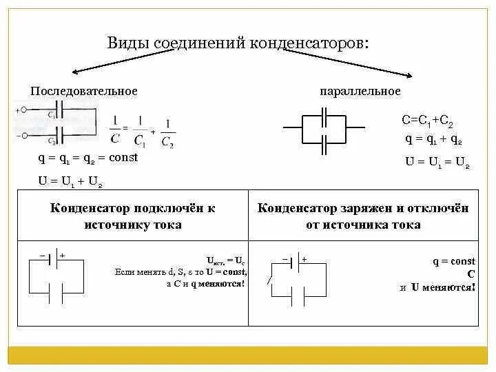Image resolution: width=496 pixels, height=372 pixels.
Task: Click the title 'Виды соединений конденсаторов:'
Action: (238, 43)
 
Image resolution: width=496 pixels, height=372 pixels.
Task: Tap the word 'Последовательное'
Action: (84, 91)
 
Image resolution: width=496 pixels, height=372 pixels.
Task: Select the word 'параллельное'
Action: (360, 91)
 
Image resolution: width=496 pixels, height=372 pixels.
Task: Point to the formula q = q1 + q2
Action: (433, 140)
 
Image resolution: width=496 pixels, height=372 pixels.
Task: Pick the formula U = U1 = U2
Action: (437, 164)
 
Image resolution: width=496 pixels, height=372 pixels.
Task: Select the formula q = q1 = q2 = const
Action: (88, 158)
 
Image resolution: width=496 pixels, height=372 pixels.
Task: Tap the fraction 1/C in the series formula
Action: (114, 129)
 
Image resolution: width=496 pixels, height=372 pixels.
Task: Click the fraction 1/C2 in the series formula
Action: (167, 134)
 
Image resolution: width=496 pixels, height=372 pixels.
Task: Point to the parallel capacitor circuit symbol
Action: (324, 127)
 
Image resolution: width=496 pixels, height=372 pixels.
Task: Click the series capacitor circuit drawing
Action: (56, 121)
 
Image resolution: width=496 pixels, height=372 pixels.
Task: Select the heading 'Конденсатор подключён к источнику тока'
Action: (133, 216)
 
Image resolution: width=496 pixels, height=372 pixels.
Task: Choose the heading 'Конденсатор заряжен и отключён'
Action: (363, 209)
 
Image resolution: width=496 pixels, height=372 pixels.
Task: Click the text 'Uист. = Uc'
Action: (226, 261)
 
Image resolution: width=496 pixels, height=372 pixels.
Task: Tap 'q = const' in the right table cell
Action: (454, 262)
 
